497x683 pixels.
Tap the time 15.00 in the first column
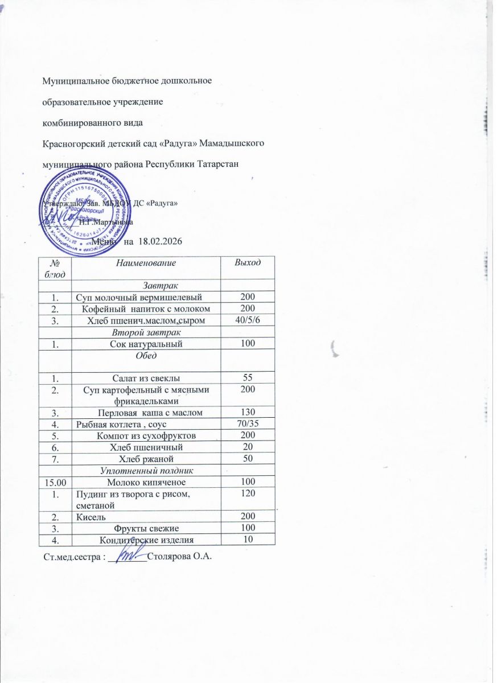[x=55, y=483]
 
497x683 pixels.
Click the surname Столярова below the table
[x=169, y=556]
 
